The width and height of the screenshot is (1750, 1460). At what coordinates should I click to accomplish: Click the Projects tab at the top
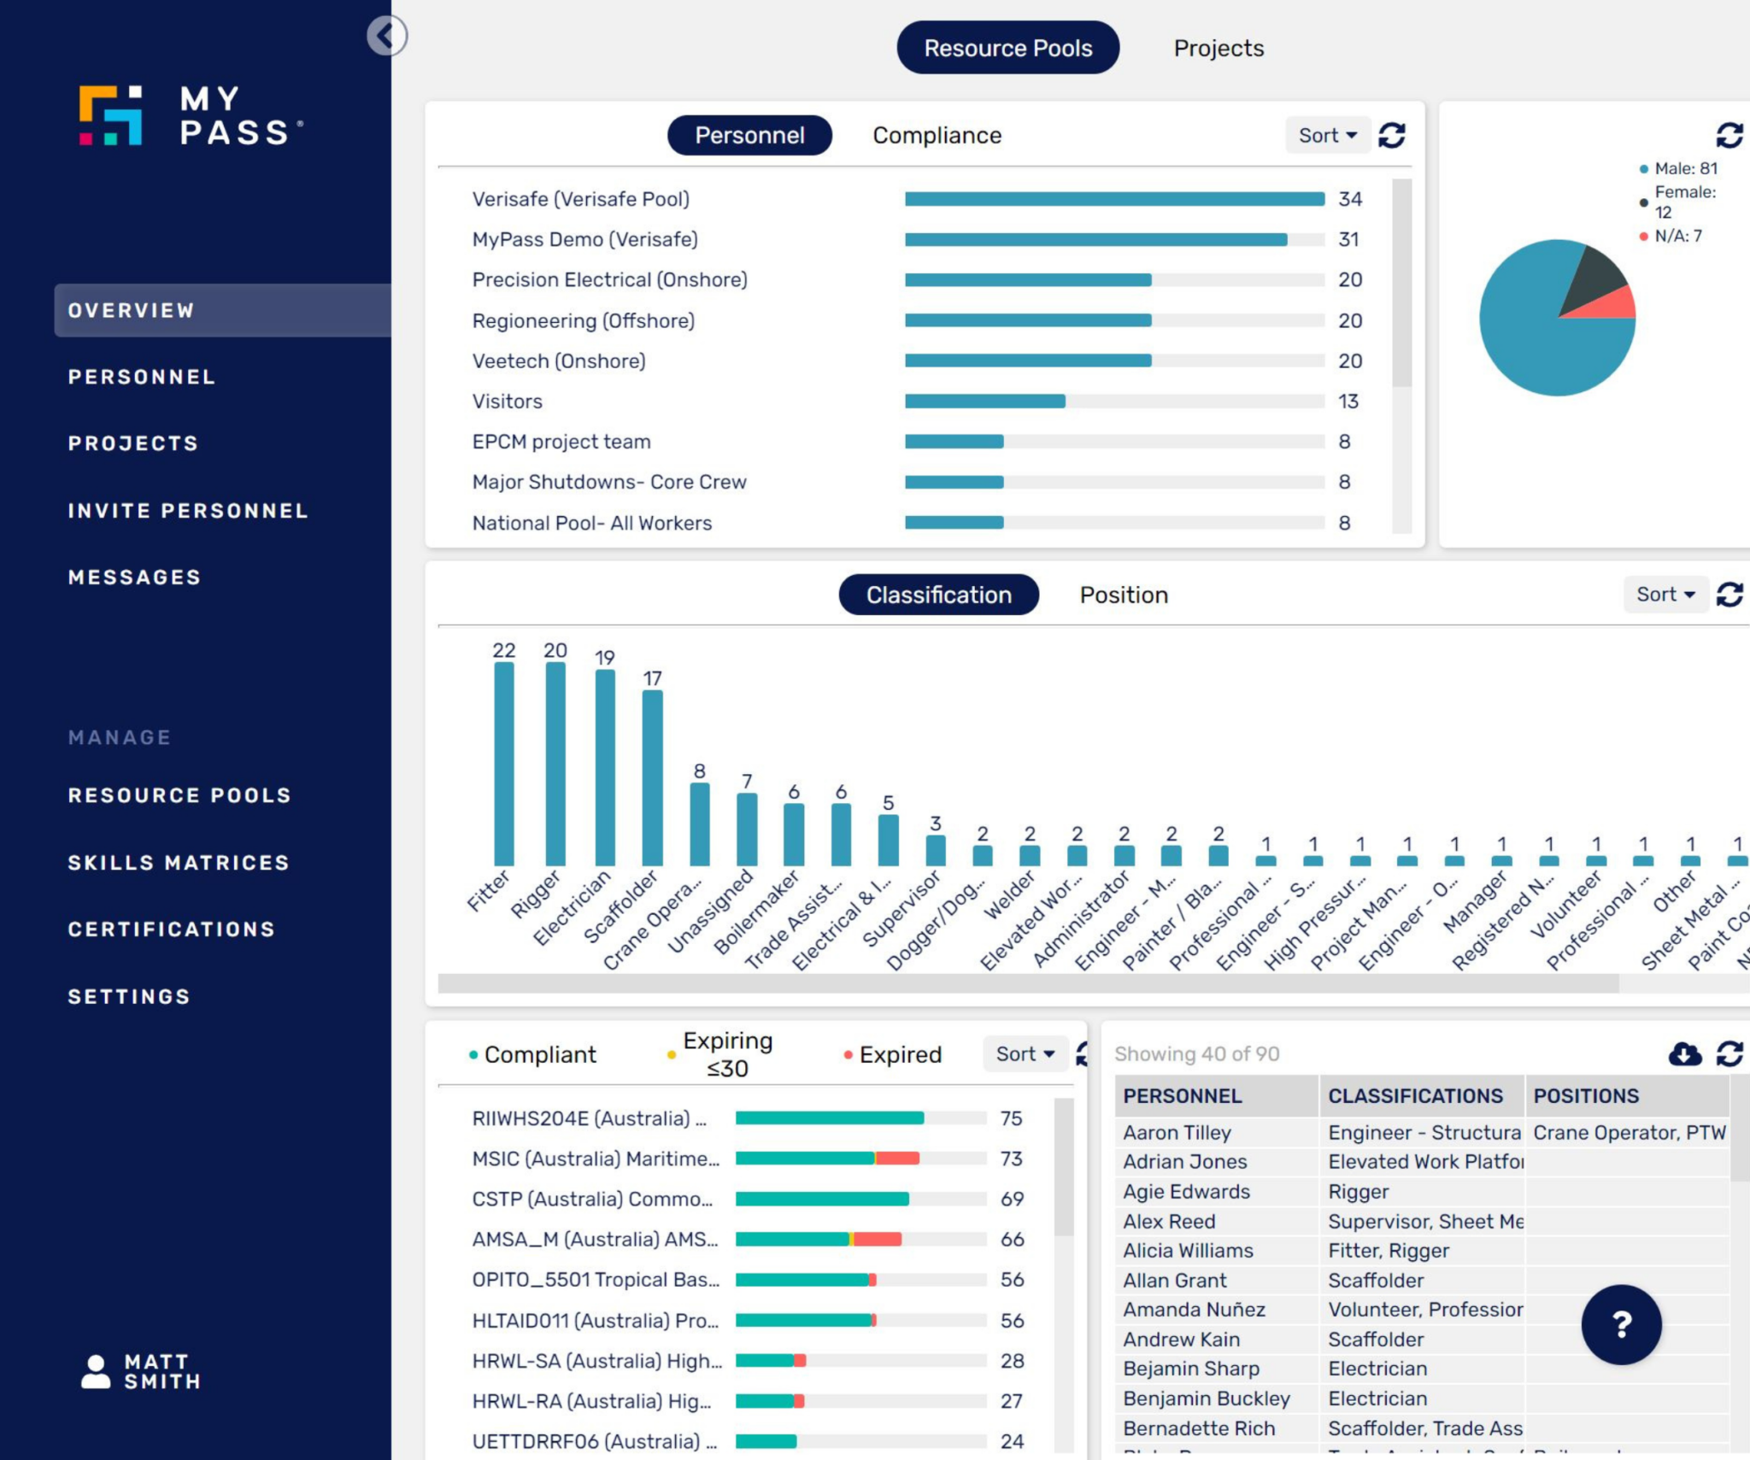1218,49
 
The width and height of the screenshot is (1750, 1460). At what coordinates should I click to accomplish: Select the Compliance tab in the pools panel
937,136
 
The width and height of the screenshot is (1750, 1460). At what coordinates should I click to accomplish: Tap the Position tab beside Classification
1123,595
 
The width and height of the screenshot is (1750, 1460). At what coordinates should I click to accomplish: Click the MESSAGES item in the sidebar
134,578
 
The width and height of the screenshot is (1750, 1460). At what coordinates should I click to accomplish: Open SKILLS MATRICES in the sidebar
179,863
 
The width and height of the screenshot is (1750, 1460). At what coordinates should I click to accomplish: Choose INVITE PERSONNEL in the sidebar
188,511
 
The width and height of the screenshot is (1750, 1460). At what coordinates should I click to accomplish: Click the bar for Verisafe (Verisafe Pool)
1113,199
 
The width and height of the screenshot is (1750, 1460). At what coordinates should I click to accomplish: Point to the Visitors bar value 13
1348,402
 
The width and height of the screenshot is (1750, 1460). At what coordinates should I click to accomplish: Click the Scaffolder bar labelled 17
652,777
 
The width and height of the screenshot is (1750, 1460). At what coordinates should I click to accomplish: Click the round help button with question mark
1621,1324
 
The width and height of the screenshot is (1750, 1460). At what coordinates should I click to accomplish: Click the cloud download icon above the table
1684,1054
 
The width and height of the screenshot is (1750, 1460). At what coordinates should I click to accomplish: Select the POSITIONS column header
1586,1096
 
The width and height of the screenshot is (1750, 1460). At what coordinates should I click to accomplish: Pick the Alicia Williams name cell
1188,1251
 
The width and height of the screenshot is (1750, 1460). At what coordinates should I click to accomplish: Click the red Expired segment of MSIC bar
897,1159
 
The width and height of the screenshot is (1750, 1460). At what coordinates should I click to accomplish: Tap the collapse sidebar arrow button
387,36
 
